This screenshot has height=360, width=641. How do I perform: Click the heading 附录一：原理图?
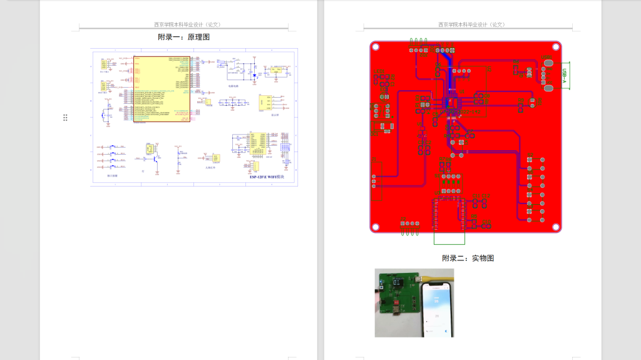pos(183,38)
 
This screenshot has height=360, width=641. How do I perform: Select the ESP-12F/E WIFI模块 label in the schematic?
pos(266,178)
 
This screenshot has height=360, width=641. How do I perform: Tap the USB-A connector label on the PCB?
pos(565,75)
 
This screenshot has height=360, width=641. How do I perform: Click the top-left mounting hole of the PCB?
pos(377,47)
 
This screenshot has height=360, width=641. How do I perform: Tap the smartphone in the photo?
pos(436,309)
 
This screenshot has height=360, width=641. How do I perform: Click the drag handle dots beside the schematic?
pos(65,117)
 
